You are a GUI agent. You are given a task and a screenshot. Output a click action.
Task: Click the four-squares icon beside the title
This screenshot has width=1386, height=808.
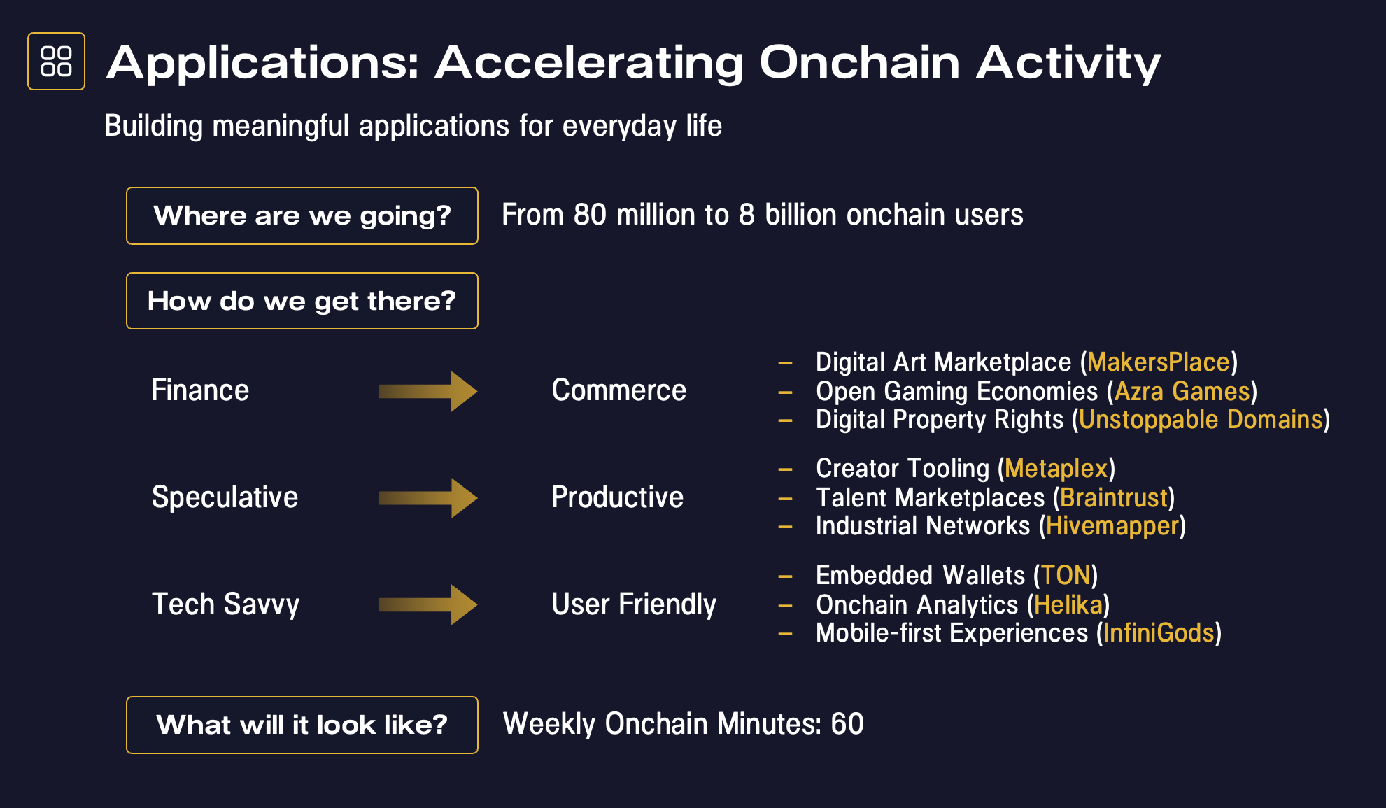[x=56, y=62]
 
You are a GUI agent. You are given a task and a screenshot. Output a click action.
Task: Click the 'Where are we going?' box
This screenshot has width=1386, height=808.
[x=302, y=215]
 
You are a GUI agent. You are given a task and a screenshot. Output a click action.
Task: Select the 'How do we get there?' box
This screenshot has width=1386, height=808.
[x=302, y=301]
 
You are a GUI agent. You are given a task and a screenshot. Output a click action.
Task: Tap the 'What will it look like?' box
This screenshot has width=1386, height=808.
[x=302, y=725]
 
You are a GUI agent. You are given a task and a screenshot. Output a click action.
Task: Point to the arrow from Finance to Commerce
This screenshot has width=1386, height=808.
[x=428, y=391]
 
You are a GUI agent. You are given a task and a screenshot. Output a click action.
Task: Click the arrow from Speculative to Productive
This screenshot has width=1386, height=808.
[x=428, y=498]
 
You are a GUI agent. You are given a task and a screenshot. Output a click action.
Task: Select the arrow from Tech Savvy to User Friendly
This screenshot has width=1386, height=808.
[x=428, y=604]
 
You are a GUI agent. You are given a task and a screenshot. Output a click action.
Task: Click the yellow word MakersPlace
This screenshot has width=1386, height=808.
[x=1159, y=362]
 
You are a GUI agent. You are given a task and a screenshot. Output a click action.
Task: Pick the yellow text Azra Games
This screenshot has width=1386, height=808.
[x=1182, y=391]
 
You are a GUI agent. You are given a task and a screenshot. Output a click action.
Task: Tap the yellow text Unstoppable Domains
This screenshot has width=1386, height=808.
[x=1201, y=420]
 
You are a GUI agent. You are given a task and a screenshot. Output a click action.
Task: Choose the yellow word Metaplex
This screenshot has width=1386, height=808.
[x=1056, y=469]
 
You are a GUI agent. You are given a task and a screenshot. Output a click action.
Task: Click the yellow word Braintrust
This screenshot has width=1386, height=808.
[x=1114, y=498]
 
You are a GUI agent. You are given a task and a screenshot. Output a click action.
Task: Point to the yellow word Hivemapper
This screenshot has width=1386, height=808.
[x=1112, y=526]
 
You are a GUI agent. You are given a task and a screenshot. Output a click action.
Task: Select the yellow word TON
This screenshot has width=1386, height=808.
[x=1066, y=576]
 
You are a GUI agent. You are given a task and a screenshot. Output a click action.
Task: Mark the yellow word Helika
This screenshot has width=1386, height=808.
[x=1068, y=604]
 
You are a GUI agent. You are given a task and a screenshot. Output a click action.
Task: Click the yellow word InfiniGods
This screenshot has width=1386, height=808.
[x=1159, y=633]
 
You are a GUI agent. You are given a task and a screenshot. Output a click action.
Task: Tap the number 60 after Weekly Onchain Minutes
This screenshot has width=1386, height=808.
[x=847, y=724]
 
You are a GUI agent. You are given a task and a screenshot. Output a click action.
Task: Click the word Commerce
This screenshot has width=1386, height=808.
[x=619, y=390]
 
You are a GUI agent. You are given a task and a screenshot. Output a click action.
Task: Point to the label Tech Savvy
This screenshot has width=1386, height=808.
[x=225, y=604]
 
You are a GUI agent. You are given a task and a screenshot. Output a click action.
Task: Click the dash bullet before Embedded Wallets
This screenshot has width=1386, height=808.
[x=785, y=577]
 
